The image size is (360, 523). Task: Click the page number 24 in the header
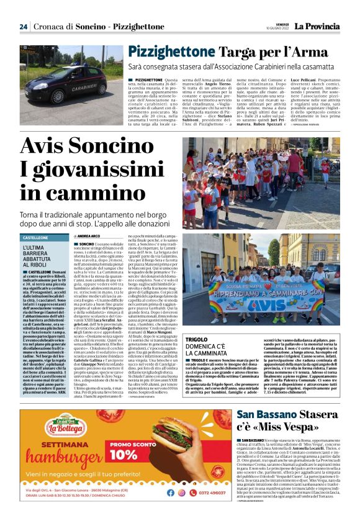coord(23,27)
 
